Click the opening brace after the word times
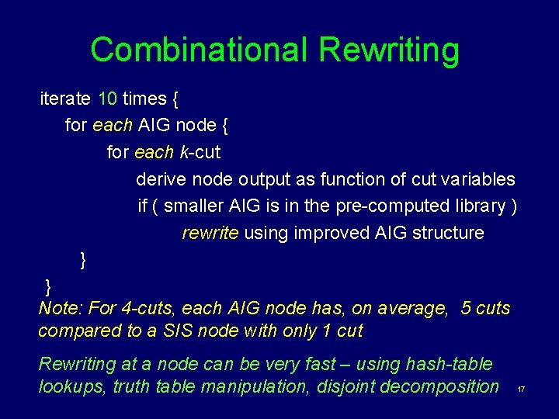175,99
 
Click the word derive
161,179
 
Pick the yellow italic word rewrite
210,234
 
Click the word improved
328,234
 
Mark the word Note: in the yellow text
61,309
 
